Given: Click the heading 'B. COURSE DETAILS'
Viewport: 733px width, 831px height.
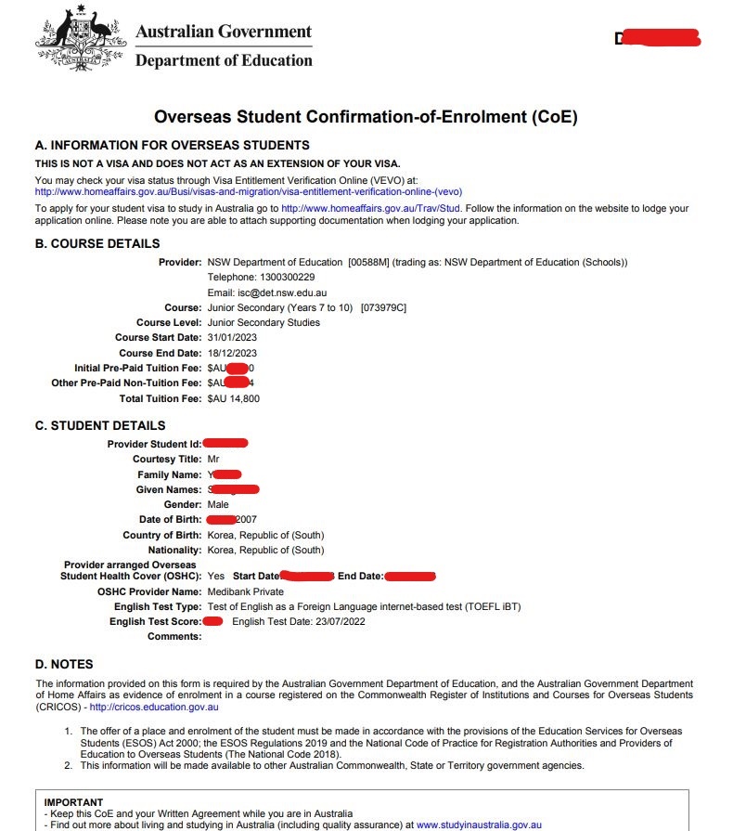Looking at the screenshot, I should [x=96, y=244].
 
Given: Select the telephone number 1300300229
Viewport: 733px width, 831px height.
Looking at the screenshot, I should [x=276, y=277].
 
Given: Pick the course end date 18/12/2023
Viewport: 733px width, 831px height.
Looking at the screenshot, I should [x=233, y=353].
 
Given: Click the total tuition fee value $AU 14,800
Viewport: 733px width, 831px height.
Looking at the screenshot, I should [x=233, y=398].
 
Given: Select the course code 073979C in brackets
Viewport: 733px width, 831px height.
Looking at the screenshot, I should [x=383, y=307].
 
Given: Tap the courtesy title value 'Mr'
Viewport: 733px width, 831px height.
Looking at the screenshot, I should [x=213, y=459].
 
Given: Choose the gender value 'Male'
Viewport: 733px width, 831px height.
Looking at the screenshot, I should [x=218, y=504].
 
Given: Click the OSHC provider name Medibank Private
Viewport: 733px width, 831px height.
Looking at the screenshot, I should [x=246, y=591].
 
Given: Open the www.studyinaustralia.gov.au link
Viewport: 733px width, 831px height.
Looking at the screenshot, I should [x=479, y=824].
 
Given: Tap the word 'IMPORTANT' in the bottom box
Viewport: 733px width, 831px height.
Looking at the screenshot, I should [x=73, y=801].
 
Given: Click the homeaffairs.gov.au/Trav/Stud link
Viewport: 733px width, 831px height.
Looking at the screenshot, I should [x=370, y=209].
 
